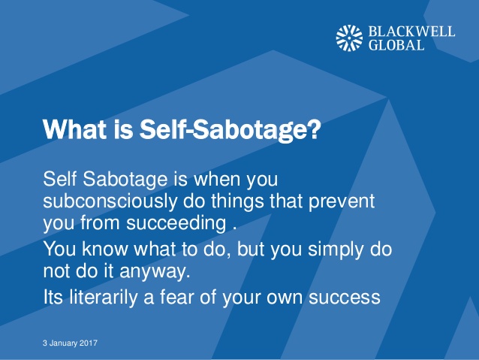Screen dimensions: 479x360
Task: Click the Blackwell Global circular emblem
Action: coord(349,38)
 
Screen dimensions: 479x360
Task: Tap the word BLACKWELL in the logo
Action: coord(411,32)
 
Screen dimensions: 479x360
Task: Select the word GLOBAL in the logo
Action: coord(396,45)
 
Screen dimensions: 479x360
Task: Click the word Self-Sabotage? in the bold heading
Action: coord(230,129)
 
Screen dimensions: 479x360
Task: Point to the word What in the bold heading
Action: coord(75,129)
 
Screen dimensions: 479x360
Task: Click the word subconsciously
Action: coord(110,201)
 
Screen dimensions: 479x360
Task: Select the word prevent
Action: coord(342,202)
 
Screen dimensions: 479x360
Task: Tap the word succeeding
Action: coord(176,223)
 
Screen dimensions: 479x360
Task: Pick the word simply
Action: coord(336,250)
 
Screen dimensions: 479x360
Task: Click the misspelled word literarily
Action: coord(104,297)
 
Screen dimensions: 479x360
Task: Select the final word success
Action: coord(345,298)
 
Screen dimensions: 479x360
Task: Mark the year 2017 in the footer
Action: coord(89,343)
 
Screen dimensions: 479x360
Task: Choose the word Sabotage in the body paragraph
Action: coord(125,179)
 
